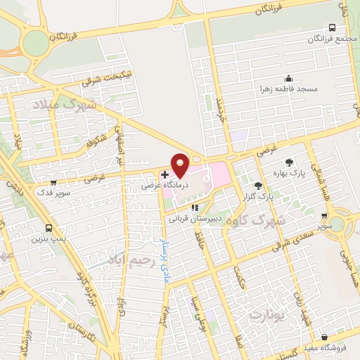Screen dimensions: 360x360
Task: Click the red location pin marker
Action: click(x=180, y=165)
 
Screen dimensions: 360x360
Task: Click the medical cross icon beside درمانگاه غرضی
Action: click(x=165, y=174)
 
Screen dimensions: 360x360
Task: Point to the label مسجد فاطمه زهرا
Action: click(x=288, y=89)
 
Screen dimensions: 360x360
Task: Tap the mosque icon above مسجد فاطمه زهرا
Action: click(x=288, y=78)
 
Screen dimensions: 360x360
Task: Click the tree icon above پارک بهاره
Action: click(x=288, y=162)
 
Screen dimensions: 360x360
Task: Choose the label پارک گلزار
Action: click(x=259, y=198)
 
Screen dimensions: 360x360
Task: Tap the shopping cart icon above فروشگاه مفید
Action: click(x=323, y=337)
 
